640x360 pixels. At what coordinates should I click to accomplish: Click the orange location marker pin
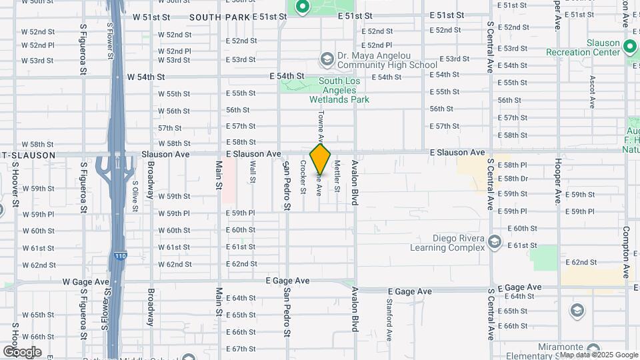click(321, 160)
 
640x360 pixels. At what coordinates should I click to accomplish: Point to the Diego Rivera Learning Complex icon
click(494, 241)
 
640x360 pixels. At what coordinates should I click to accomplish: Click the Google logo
click(22, 351)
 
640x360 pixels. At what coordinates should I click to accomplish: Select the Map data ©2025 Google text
click(598, 355)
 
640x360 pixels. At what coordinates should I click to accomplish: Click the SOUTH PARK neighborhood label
click(219, 17)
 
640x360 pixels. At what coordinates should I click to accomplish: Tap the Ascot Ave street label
click(592, 92)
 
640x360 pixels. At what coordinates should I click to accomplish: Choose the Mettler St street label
click(337, 177)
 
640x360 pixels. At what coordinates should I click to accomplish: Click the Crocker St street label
click(303, 177)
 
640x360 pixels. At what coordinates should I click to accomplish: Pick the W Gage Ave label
click(85, 282)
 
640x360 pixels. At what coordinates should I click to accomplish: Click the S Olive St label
click(135, 196)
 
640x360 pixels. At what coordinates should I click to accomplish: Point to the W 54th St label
click(150, 77)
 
